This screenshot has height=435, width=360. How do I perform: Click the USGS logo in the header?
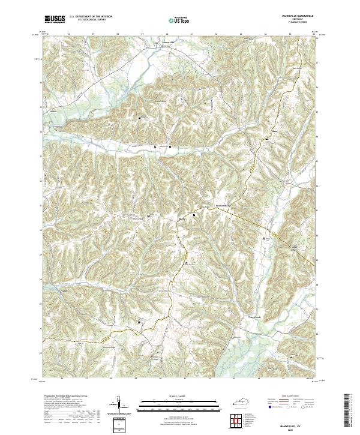(55, 19)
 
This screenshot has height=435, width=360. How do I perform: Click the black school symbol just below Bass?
(268, 139)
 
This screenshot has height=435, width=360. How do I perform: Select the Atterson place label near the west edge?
(53, 112)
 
